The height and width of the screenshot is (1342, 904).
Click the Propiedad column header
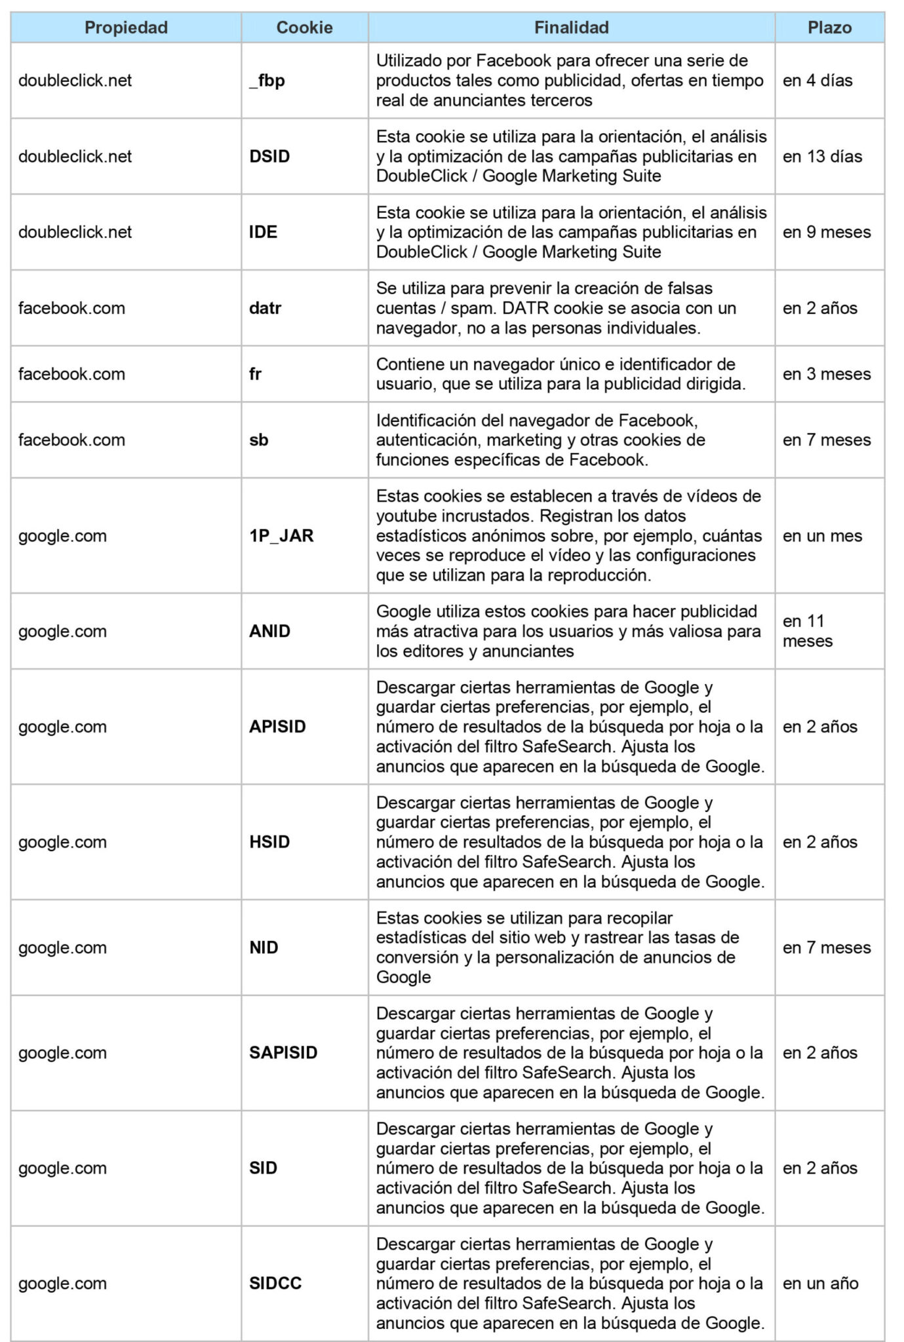[126, 28]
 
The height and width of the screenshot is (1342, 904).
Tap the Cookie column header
[304, 28]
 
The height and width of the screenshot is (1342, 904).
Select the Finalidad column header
[571, 28]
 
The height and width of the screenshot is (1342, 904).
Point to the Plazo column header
[829, 28]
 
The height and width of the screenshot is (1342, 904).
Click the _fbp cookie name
[267, 81]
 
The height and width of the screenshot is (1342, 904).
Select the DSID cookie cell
[269, 157]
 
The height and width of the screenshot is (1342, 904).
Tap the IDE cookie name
[263, 232]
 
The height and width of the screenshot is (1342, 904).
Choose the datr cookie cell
[265, 308]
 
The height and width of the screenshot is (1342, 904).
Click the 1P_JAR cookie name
[281, 535]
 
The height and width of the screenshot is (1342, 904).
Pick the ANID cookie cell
[269, 631]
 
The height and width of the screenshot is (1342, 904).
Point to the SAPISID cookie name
[283, 1052]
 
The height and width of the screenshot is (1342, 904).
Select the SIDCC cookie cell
[275, 1283]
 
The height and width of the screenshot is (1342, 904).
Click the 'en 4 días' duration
[817, 81]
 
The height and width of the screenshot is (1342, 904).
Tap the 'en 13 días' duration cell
[822, 157]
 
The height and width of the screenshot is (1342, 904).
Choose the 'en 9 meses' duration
[827, 232]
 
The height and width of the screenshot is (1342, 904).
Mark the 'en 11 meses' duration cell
[808, 631]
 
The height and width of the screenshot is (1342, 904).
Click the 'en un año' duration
[820, 1283]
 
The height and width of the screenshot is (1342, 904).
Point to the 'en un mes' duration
[822, 535]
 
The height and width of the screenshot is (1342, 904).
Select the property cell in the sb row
[71, 440]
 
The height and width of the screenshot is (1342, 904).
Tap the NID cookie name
[264, 948]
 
